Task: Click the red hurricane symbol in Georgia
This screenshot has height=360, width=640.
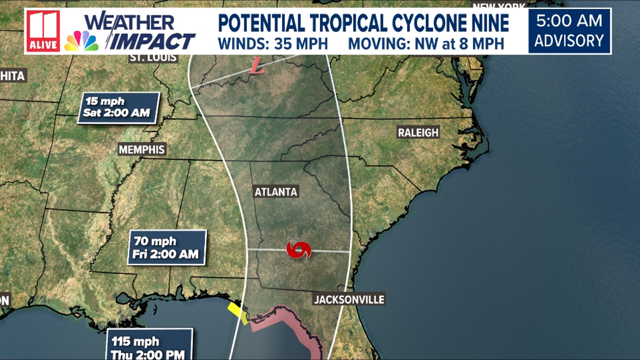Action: pyautogui.click(x=299, y=250)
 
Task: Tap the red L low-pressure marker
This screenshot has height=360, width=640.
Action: pyautogui.click(x=257, y=66)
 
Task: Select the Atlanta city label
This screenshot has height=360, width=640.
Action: pyautogui.click(x=276, y=192)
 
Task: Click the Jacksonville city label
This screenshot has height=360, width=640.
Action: pyautogui.click(x=349, y=299)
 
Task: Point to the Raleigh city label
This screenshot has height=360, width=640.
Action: pyautogui.click(x=418, y=132)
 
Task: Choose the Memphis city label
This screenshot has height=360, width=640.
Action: pyautogui.click(x=142, y=149)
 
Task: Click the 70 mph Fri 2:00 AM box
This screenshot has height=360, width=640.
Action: pyautogui.click(x=166, y=247)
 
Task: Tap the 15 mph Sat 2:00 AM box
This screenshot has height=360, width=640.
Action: pyautogui.click(x=118, y=108)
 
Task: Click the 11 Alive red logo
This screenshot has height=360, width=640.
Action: pyautogui.click(x=43, y=31)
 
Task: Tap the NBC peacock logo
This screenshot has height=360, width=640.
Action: pyautogui.click(x=81, y=41)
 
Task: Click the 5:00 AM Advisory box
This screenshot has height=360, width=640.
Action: pyautogui.click(x=569, y=31)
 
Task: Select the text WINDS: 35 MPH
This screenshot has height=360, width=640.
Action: pyautogui.click(x=273, y=44)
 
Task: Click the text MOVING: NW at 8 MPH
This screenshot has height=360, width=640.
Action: pyautogui.click(x=426, y=44)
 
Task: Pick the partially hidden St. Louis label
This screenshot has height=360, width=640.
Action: pyautogui.click(x=153, y=58)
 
